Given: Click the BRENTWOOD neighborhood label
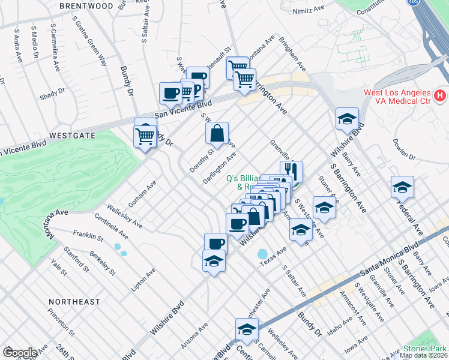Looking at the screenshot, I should [x=86, y=6].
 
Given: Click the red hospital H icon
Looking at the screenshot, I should [x=441, y=95].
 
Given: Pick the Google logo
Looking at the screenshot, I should [x=20, y=353].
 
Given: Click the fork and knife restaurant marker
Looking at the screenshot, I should [x=291, y=171].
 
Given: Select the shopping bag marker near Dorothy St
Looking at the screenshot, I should [x=217, y=133].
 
